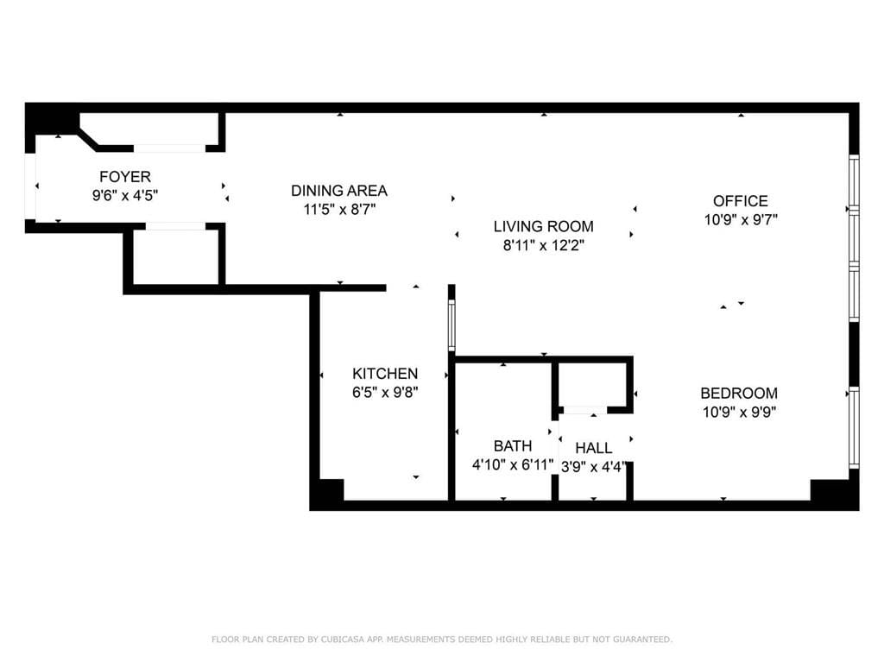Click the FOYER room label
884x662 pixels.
pyautogui.click(x=125, y=177)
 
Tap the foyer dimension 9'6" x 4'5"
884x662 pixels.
pyautogui.click(x=125, y=196)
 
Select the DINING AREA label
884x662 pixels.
pyautogui.click(x=339, y=191)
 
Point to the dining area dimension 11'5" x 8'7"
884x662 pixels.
pyautogui.click(x=339, y=209)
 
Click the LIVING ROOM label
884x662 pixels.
pyautogui.click(x=544, y=227)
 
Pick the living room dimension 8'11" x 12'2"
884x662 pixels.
pyautogui.click(x=544, y=245)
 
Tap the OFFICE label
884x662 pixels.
pyautogui.click(x=741, y=201)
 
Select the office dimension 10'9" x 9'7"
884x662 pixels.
pyautogui.click(x=741, y=220)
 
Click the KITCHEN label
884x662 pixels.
pyautogui.click(x=385, y=374)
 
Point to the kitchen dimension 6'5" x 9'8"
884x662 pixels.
pyautogui.click(x=385, y=392)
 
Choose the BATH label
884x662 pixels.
pyautogui.click(x=513, y=446)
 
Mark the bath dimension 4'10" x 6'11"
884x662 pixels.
pyautogui.click(x=513, y=464)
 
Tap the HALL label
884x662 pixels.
pyautogui.click(x=594, y=448)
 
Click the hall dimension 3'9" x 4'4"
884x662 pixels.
pyautogui.click(x=594, y=465)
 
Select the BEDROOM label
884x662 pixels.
pyautogui.click(x=739, y=394)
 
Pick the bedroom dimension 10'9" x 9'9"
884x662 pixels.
pyautogui.click(x=739, y=412)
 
